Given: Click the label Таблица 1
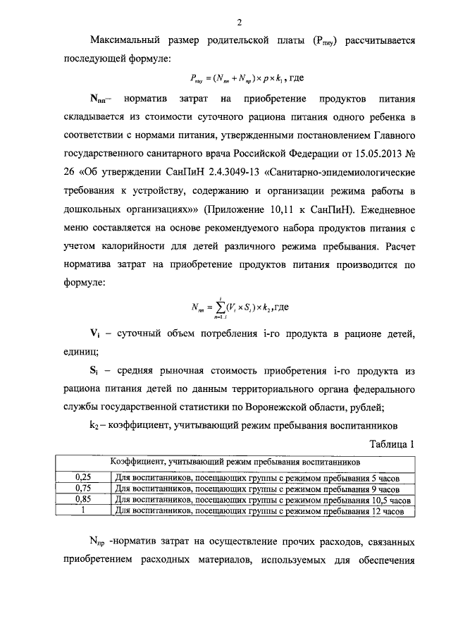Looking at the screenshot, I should click(390, 444).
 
